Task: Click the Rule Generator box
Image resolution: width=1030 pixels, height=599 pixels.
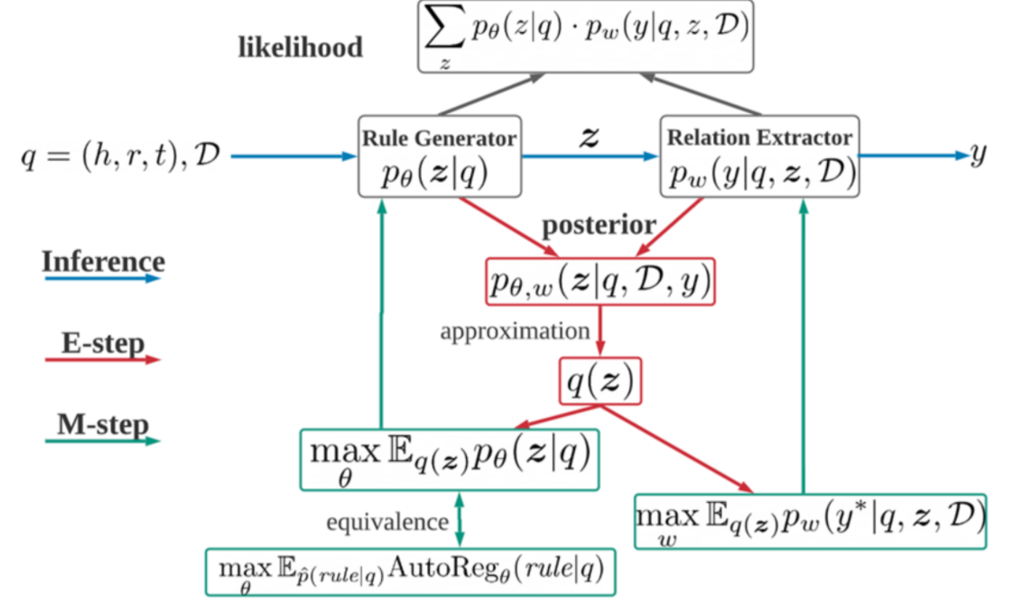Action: tap(439, 157)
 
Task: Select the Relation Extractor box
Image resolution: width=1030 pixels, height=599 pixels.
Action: tap(759, 157)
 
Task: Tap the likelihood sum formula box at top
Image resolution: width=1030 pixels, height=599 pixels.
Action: tap(586, 37)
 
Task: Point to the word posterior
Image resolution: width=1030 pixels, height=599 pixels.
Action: tap(599, 225)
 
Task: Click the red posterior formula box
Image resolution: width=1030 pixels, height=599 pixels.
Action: tap(599, 281)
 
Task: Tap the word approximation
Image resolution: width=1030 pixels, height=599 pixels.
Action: tap(515, 331)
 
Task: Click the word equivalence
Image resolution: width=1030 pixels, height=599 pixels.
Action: tap(387, 522)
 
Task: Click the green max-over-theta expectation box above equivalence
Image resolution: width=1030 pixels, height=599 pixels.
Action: tap(449, 459)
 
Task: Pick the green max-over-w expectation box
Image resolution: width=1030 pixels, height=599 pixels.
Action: tap(809, 521)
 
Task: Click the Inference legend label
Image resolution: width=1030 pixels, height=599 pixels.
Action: tap(103, 261)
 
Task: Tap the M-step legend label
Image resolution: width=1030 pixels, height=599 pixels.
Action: tap(103, 424)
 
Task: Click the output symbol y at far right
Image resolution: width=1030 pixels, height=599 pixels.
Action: tap(978, 155)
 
